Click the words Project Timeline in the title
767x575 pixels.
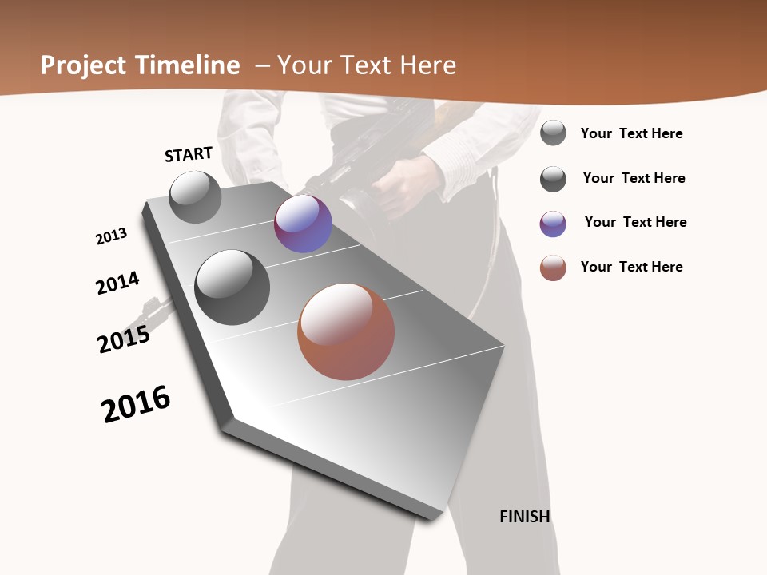[140, 65]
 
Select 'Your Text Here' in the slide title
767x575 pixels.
[367, 65]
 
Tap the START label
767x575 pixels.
[189, 154]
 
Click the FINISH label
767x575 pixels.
[524, 517]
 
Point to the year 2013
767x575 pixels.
[111, 236]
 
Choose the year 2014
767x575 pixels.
[117, 283]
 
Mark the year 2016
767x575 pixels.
[136, 404]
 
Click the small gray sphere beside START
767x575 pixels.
[195, 196]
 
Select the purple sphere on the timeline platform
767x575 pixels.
[303, 224]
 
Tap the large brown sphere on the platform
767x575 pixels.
[346, 331]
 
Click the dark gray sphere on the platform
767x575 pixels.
[232, 287]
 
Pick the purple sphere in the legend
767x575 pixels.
[553, 224]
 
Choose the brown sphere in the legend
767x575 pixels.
[553, 268]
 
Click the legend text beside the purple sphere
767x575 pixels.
[635, 222]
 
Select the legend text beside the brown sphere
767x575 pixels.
[631, 267]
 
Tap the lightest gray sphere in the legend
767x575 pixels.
[553, 133]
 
